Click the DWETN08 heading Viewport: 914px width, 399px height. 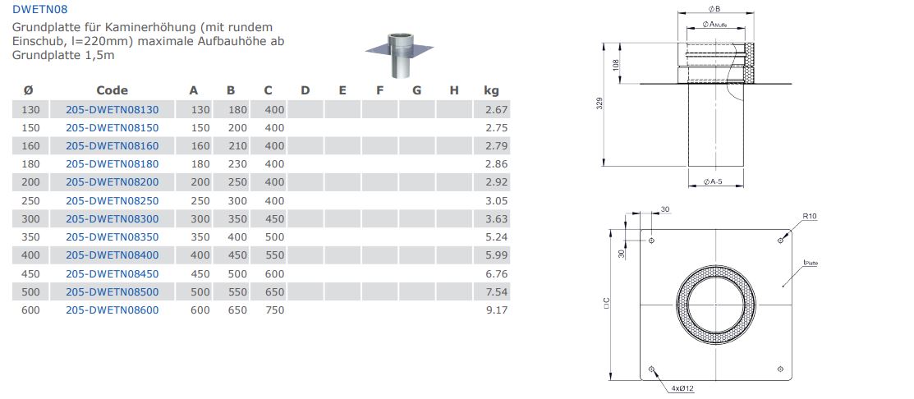tap(35, 9)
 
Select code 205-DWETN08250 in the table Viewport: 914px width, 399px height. tap(112, 201)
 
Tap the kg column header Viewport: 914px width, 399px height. tap(491, 90)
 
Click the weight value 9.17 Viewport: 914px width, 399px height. tap(497, 310)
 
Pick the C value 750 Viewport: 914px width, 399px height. tap(274, 310)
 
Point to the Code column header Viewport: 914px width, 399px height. tap(112, 90)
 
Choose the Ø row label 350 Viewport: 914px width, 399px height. tap(30, 237)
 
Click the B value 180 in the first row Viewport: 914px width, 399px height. tap(237, 109)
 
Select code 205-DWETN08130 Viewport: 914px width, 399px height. tap(112, 109)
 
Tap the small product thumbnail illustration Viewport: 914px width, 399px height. tap(400, 55)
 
